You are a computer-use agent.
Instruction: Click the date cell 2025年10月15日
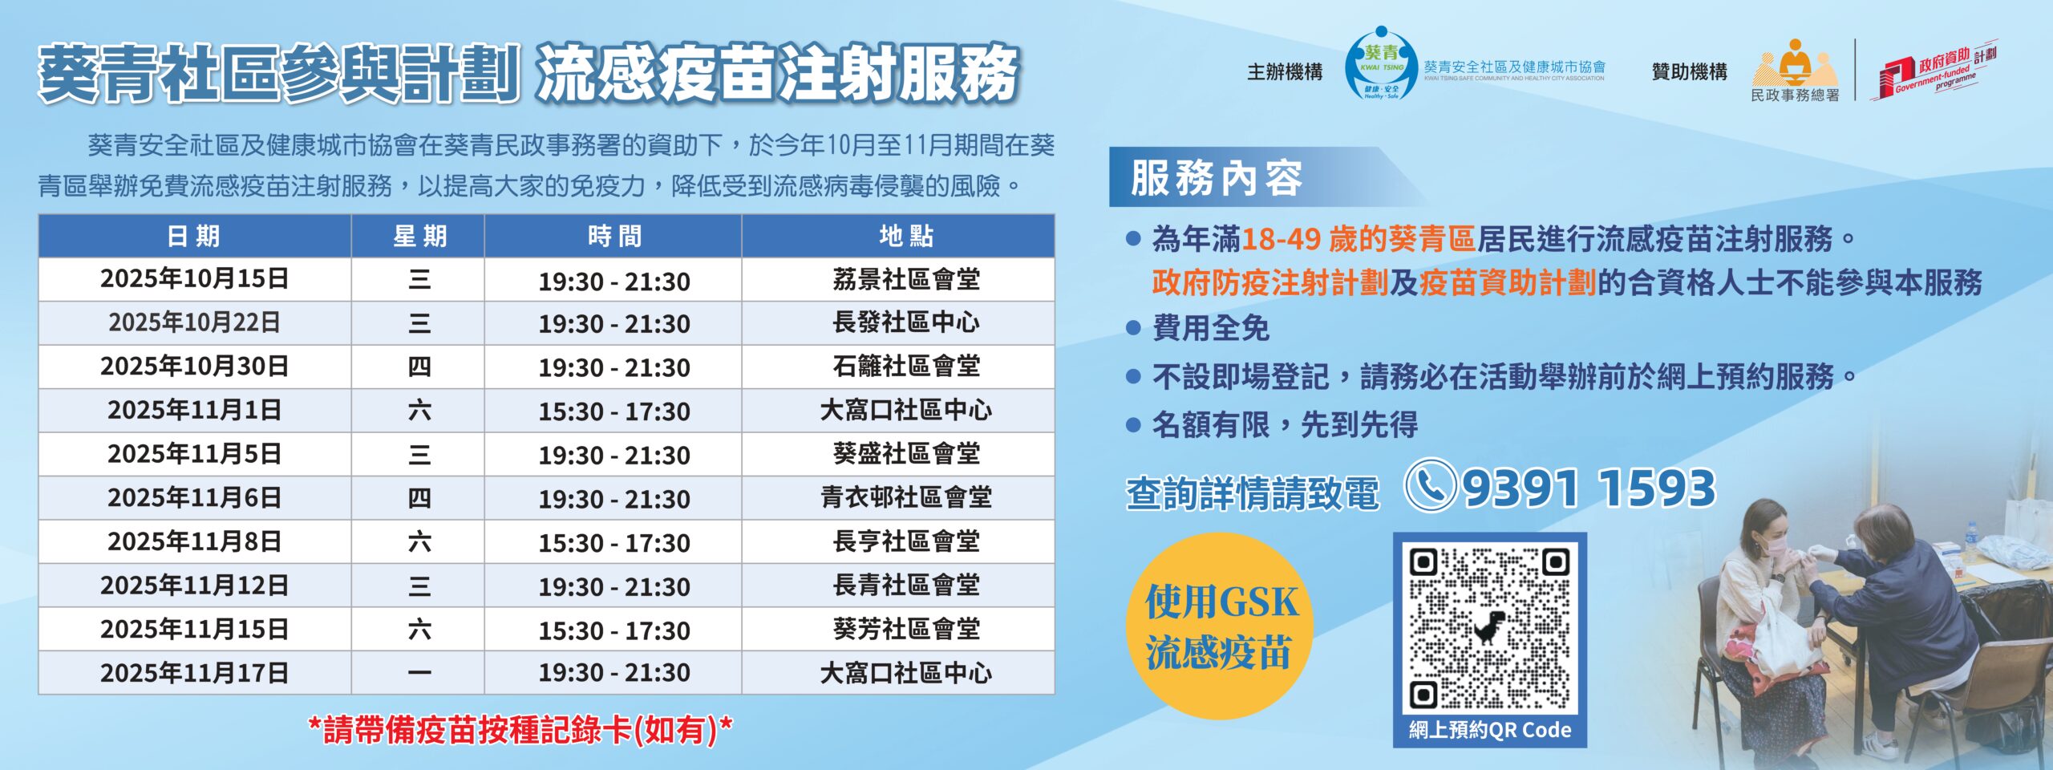click(194, 279)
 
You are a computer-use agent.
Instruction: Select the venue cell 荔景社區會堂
click(906, 279)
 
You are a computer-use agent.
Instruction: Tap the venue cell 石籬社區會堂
click(906, 367)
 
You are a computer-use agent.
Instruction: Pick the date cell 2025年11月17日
click(194, 673)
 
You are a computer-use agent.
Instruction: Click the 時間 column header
click(614, 236)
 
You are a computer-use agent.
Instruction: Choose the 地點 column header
click(906, 236)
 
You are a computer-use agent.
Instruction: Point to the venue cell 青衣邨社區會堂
click(906, 498)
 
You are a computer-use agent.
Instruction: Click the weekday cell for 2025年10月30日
click(419, 367)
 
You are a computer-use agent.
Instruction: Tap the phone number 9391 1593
click(1589, 488)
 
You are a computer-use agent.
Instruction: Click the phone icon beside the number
click(1431, 484)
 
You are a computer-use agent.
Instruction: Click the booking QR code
click(1489, 629)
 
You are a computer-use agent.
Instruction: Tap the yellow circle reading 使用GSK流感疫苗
click(1221, 626)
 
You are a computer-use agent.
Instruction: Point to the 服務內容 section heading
click(1216, 177)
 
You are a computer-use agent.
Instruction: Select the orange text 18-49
click(1281, 238)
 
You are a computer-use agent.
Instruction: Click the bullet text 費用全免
click(1211, 328)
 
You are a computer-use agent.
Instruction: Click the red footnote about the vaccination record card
click(520, 730)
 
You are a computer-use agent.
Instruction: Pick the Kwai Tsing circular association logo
click(1380, 64)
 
